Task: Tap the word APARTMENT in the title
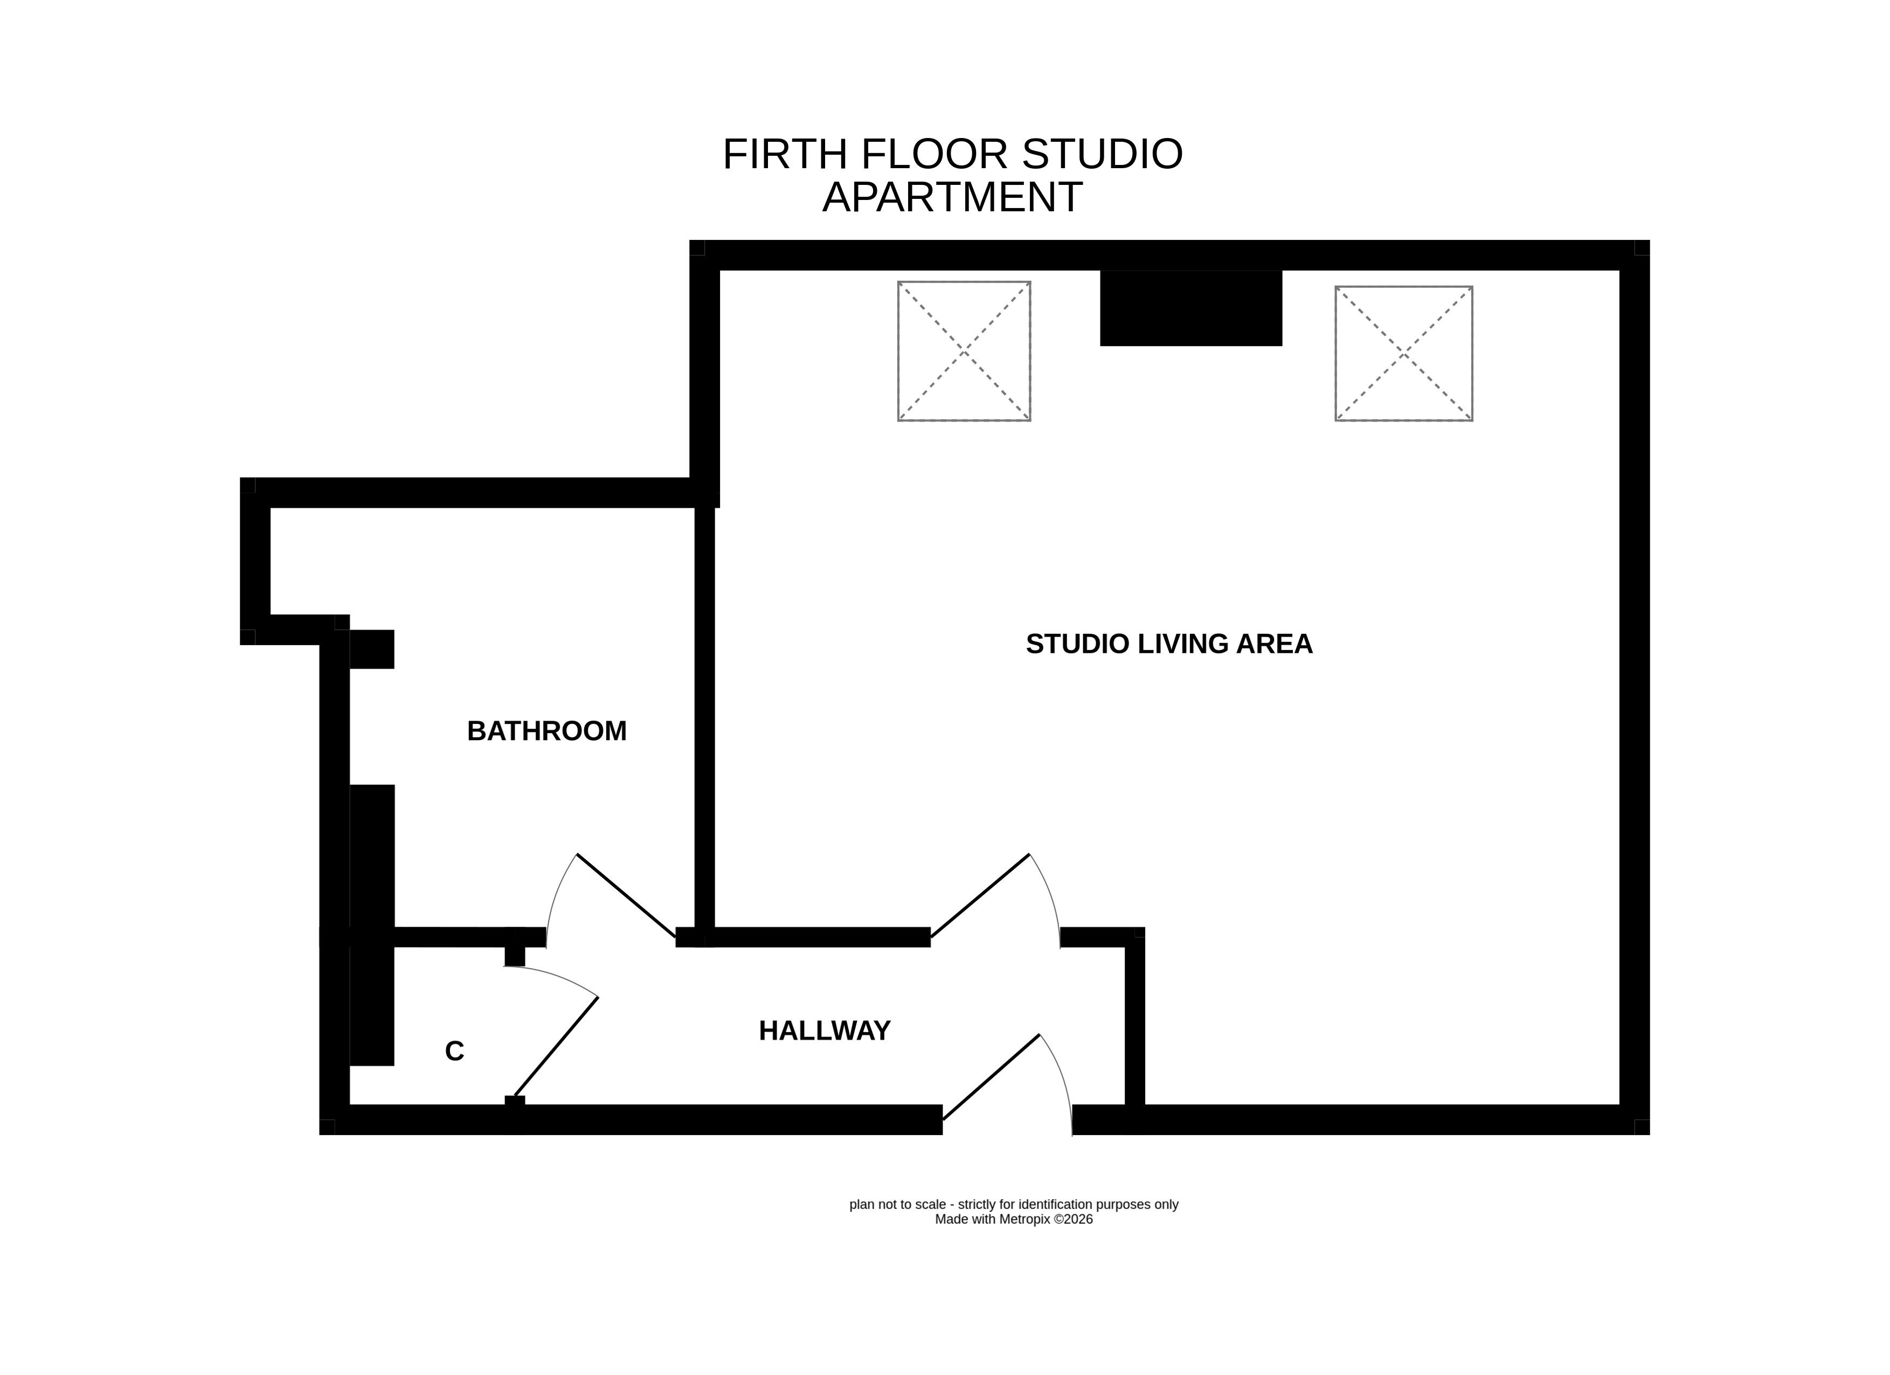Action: [952, 197]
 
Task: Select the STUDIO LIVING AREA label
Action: [1169, 644]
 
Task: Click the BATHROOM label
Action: [546, 731]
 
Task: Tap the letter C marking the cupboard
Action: [454, 1052]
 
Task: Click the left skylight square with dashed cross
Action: [964, 351]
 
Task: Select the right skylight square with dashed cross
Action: [1404, 354]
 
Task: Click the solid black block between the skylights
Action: [1191, 307]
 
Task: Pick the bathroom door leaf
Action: [626, 896]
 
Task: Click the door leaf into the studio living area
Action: [980, 896]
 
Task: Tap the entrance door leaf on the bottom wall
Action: [991, 1077]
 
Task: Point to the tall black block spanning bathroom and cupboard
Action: [372, 925]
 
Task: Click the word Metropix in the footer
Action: [1025, 1219]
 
